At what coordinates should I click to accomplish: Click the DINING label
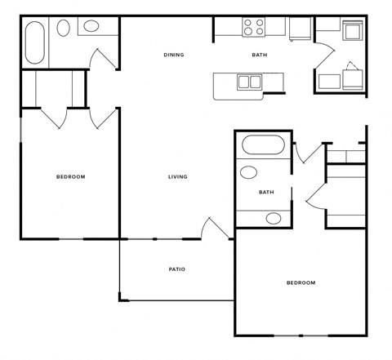pos(173,56)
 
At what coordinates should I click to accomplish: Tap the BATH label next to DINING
pos(259,56)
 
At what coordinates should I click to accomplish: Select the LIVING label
pos(177,177)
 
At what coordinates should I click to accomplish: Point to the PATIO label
pos(177,269)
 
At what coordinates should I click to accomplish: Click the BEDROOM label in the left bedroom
pos(70,177)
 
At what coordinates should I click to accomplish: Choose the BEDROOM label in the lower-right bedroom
pos(301,283)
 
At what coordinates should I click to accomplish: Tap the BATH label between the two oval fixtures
pos(265,193)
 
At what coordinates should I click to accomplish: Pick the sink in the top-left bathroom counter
pos(91,27)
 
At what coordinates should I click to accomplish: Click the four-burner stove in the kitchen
pos(254,28)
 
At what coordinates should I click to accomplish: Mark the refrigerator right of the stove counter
pos(299,29)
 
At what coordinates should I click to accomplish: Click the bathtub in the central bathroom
pos(262,148)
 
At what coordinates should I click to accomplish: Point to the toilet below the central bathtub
pos(248,173)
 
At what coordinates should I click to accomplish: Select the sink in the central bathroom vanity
pos(273,218)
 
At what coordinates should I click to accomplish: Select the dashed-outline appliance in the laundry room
pos(353,78)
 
